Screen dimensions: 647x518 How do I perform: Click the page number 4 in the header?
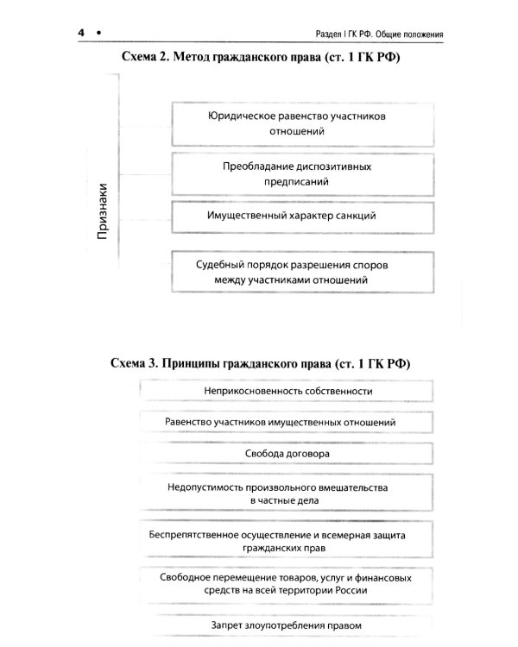79,34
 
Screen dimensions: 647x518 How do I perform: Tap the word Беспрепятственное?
201,536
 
